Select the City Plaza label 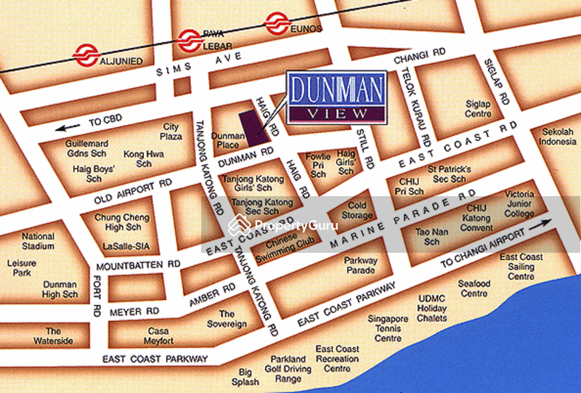[171, 131]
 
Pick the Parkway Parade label [360, 265]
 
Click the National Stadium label [38, 241]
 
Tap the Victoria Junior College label [519, 204]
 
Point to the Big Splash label [245, 377]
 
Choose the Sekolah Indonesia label [558, 137]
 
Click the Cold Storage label [357, 211]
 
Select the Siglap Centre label [478, 109]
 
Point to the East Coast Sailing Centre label [521, 267]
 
